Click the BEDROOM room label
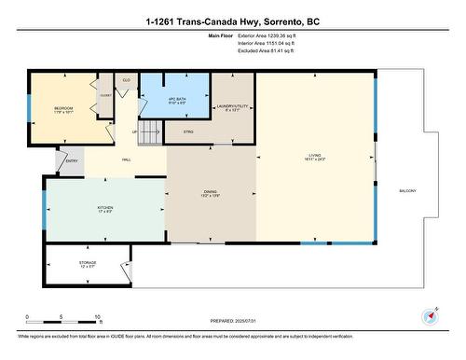click(63, 108)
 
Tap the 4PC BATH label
click(176, 100)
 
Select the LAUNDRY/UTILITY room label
click(232, 106)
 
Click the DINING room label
click(211, 193)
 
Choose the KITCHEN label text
click(105, 208)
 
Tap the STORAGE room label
click(88, 264)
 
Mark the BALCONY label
click(407, 191)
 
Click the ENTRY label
click(72, 161)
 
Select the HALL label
click(126, 160)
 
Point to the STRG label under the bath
click(187, 132)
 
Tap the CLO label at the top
click(125, 80)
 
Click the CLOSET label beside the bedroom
click(105, 95)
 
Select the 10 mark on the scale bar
click(97, 317)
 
